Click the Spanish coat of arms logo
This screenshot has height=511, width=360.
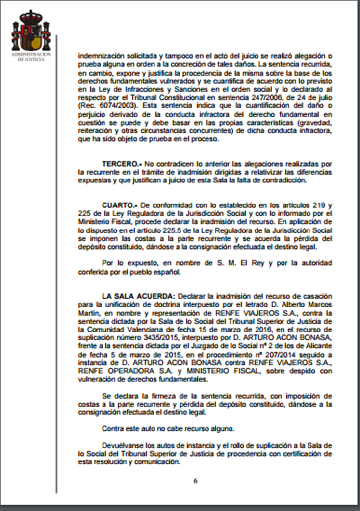point(30,31)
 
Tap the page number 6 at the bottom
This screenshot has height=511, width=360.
point(195,481)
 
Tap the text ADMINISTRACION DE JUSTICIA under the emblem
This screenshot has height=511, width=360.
point(30,57)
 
